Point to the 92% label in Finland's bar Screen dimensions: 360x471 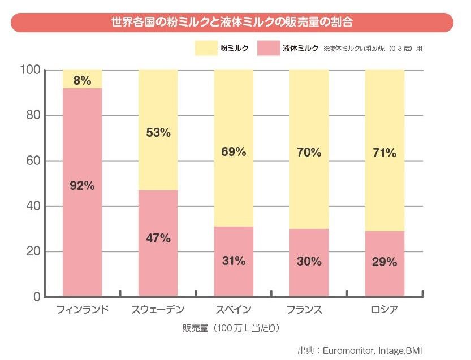[82, 185]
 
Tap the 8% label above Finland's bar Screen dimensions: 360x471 [82, 80]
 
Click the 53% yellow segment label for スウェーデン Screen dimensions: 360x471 [158, 133]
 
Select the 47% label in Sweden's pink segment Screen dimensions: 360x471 [158, 238]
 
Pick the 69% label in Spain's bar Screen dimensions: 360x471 [234, 151]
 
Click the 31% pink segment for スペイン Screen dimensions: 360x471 [234, 261]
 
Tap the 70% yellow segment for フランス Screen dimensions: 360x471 [309, 151]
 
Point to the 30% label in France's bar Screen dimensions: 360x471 [309, 262]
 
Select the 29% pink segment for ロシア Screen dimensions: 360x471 [384, 263]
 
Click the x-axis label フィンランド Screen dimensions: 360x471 [83, 310]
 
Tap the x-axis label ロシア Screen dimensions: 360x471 [384, 310]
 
